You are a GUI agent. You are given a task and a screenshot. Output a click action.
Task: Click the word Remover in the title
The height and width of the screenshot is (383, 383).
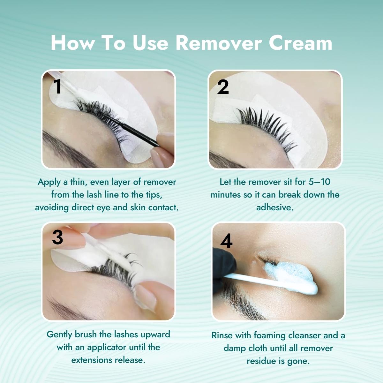tap(219, 43)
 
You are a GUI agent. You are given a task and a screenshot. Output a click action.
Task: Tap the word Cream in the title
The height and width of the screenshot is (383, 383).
tap(300, 43)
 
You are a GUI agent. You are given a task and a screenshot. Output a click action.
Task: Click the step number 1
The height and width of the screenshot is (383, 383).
tap(57, 86)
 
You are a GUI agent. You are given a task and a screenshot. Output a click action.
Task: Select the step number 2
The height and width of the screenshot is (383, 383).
tap(223, 87)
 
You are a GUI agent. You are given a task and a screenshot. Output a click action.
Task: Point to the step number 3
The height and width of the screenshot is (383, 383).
tap(58, 237)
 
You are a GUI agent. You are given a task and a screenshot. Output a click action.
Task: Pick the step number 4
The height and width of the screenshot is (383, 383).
tap(226, 241)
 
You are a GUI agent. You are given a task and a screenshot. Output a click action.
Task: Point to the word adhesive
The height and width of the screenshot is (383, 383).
tap(275, 207)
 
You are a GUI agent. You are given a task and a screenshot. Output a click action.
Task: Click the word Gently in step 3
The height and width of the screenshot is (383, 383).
tap(59, 334)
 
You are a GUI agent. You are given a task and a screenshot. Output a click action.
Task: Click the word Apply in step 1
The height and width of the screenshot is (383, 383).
tap(49, 182)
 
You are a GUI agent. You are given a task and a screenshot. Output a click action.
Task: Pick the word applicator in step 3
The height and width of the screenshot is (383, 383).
tap(108, 347)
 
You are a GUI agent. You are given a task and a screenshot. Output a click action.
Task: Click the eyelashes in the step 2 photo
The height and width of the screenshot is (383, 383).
tap(265, 121)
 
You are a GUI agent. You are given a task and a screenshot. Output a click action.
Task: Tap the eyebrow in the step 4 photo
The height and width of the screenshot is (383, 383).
tap(243, 306)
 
